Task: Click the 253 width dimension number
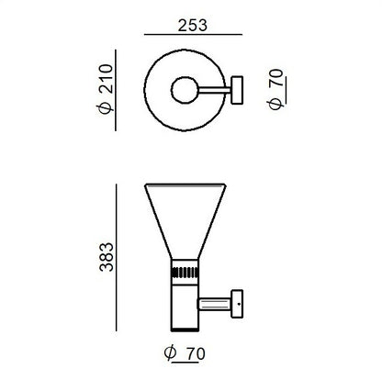click(x=193, y=26)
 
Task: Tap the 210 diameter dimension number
click(x=107, y=79)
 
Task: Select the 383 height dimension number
click(x=107, y=257)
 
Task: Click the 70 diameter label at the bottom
click(x=196, y=354)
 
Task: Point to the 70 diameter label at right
click(x=276, y=78)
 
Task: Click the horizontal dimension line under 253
click(x=193, y=35)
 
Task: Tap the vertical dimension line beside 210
click(x=116, y=90)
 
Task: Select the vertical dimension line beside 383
click(x=117, y=257)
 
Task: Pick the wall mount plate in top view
click(x=237, y=90)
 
